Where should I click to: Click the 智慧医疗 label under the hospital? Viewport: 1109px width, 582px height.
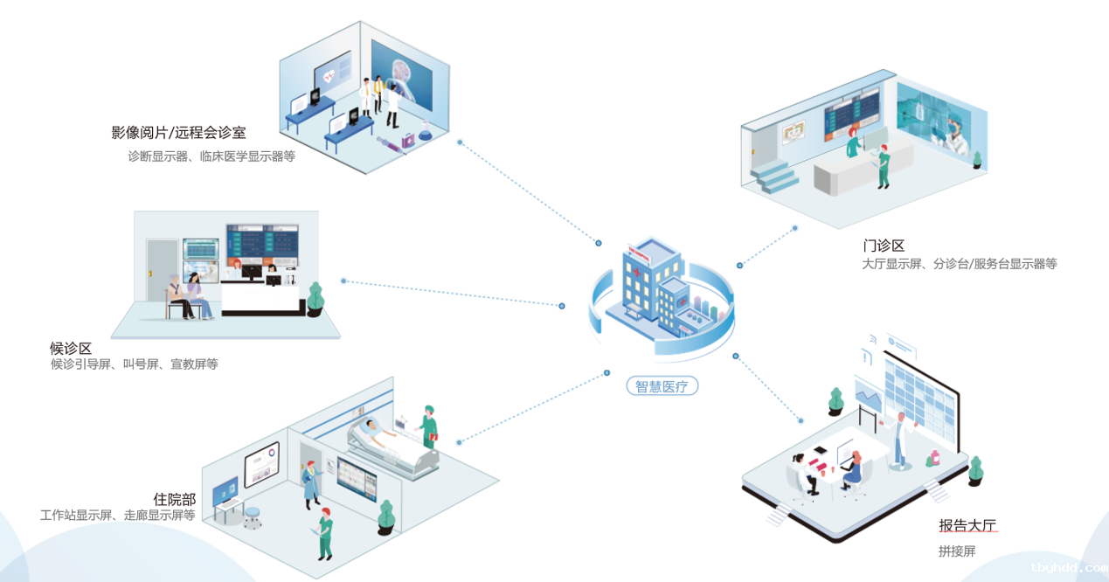coord(662,386)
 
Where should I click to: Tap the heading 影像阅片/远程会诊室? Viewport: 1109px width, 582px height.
coord(178,132)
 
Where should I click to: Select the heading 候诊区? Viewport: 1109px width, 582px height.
coord(70,348)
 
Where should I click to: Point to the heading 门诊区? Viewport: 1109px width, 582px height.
coord(884,246)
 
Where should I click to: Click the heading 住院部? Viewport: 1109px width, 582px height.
coord(174,499)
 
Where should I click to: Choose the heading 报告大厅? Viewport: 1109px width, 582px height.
coord(967,525)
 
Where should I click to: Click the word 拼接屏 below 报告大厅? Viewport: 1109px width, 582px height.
coord(957,551)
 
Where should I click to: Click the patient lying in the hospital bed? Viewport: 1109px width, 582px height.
coord(378,430)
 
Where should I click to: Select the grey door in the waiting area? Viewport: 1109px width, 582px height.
coord(163,270)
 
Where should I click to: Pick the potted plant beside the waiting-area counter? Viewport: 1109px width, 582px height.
coord(315,300)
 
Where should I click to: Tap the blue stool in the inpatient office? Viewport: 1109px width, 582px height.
coord(252,517)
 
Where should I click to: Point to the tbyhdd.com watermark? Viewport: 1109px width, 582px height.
coord(1070,567)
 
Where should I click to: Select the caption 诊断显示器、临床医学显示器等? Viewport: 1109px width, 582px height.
coord(211,156)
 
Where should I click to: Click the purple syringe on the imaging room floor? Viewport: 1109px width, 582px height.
coord(391,145)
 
